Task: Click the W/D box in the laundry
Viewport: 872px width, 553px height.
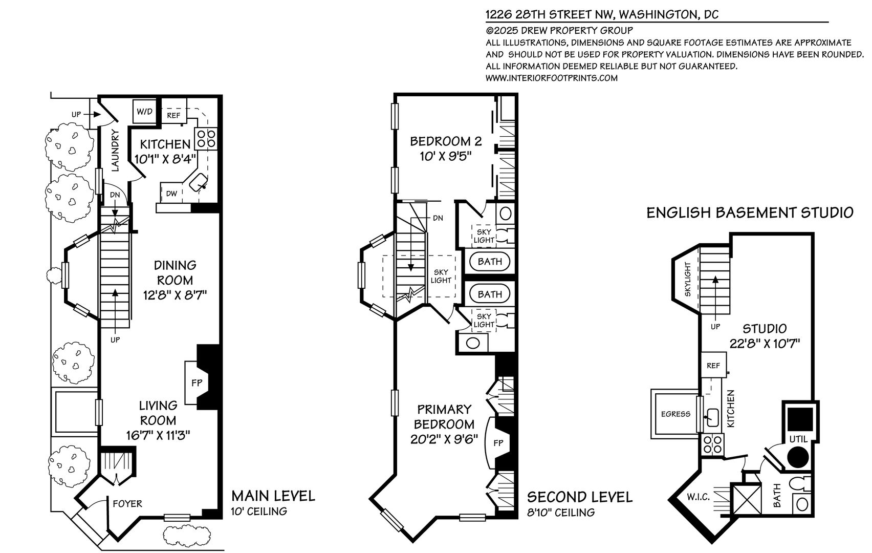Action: pyautogui.click(x=144, y=112)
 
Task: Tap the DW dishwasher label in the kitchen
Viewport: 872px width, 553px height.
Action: pyautogui.click(x=171, y=194)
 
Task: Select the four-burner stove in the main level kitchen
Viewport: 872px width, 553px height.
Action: pyautogui.click(x=206, y=139)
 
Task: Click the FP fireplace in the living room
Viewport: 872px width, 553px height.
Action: pyautogui.click(x=197, y=383)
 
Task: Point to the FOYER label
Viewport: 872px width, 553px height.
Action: pyautogui.click(x=127, y=504)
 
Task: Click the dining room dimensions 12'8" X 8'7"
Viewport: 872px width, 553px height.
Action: pyautogui.click(x=175, y=295)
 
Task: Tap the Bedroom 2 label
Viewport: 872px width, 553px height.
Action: pyautogui.click(x=446, y=141)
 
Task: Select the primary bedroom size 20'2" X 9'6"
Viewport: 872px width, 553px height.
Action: pyautogui.click(x=444, y=439)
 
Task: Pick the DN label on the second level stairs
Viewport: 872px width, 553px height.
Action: pyautogui.click(x=438, y=218)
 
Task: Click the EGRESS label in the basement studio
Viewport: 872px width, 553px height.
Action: pyautogui.click(x=676, y=414)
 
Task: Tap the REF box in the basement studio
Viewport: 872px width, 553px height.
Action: pyautogui.click(x=714, y=365)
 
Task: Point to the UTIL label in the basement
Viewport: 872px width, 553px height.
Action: pyautogui.click(x=798, y=439)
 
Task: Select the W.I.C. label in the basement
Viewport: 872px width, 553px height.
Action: pyautogui.click(x=699, y=497)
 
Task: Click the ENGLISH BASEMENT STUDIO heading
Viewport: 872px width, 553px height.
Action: pyautogui.click(x=750, y=212)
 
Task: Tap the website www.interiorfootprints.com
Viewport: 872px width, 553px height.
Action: pyautogui.click(x=551, y=78)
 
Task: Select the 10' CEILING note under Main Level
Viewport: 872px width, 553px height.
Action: pyautogui.click(x=259, y=512)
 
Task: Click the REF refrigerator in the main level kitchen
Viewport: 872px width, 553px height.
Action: pyautogui.click(x=173, y=115)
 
